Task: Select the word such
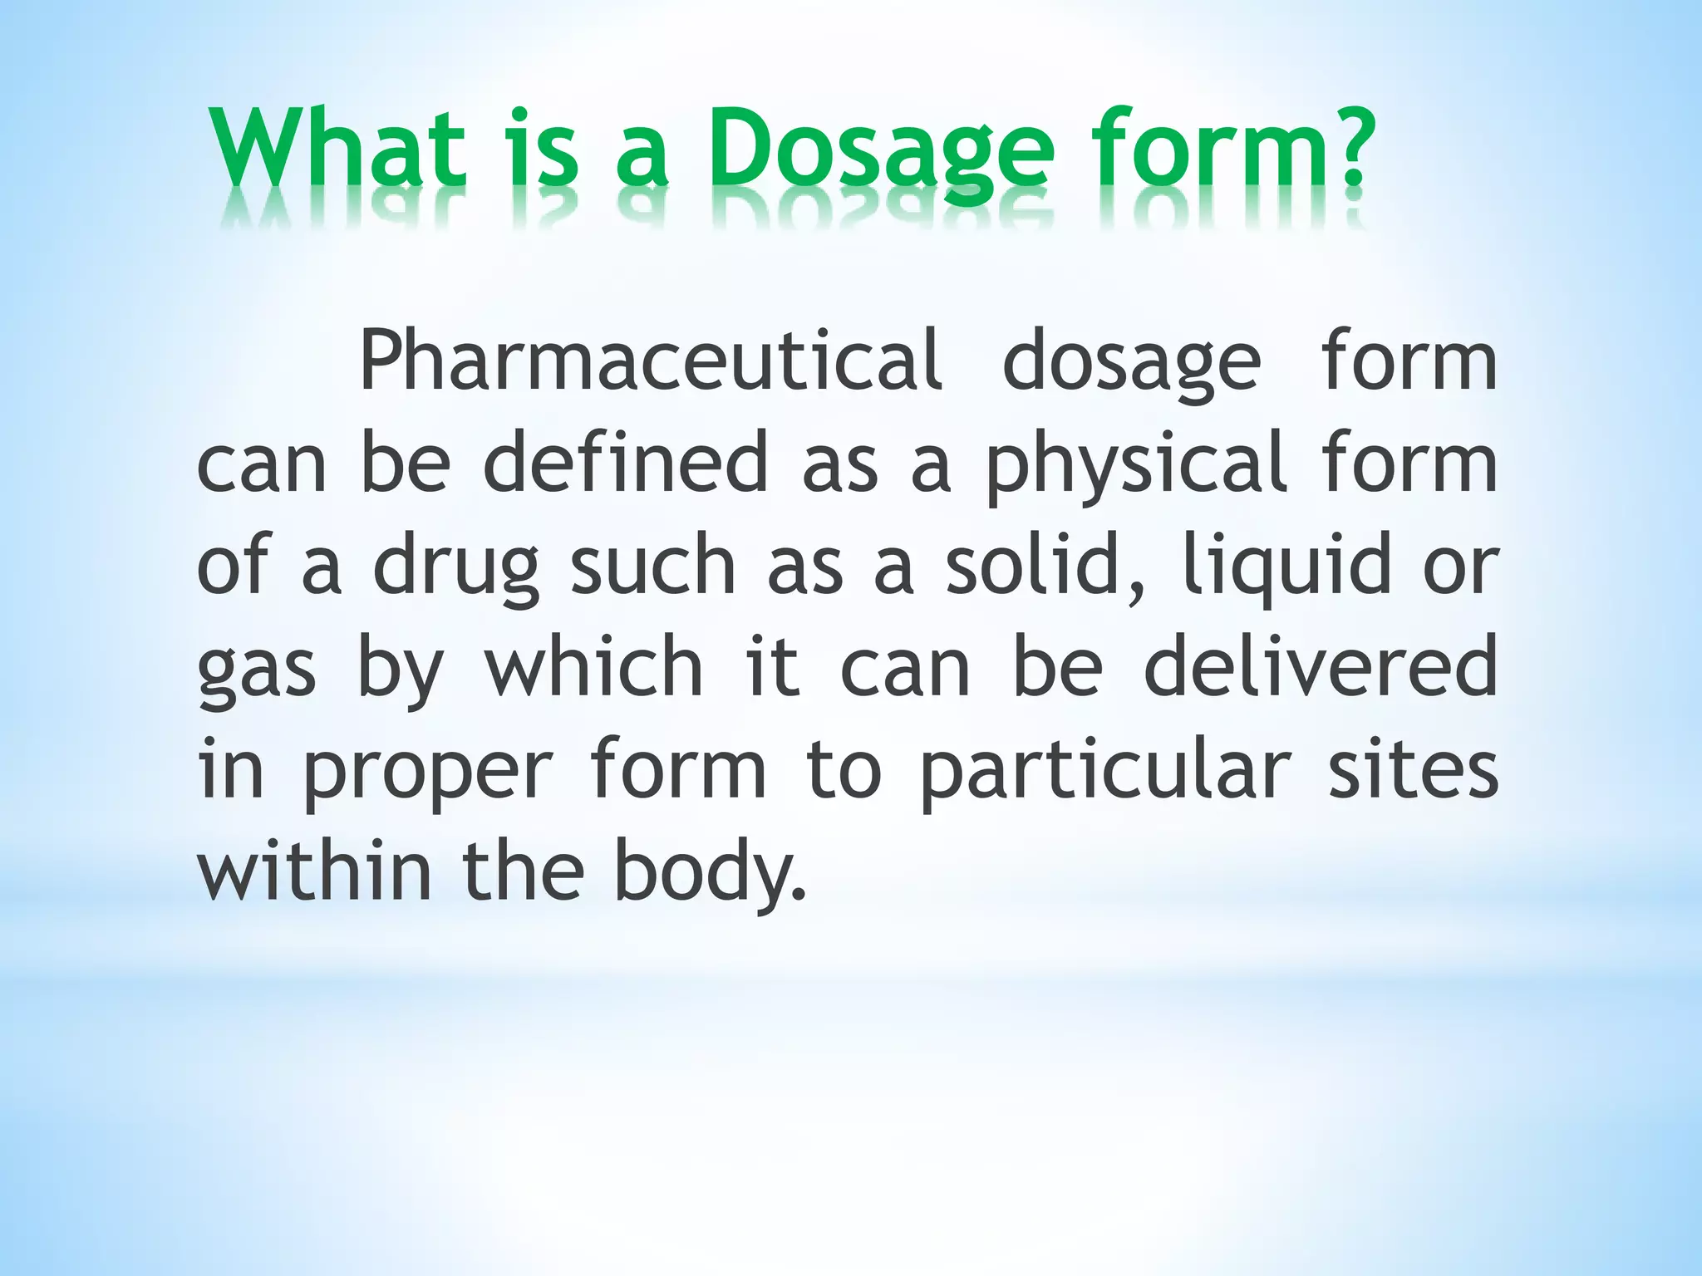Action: click(x=653, y=566)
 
